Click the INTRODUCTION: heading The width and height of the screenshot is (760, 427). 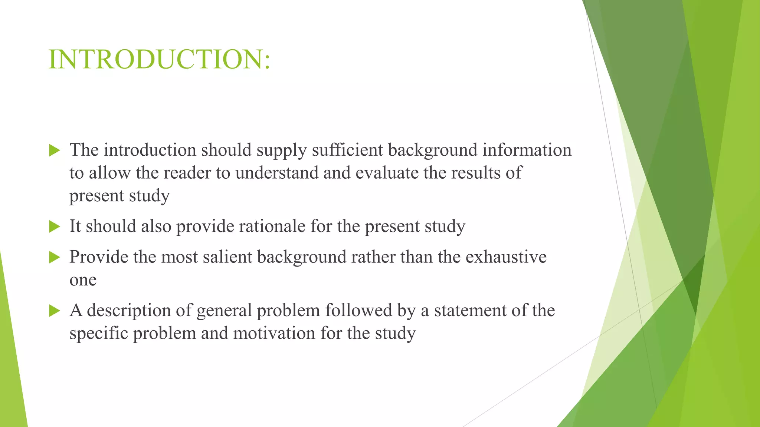tap(159, 59)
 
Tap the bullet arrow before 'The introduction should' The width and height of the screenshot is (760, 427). tap(54, 150)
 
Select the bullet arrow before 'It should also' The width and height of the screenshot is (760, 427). tap(54, 226)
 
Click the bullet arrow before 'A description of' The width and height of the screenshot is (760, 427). tap(54, 311)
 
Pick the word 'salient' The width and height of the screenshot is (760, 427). tap(227, 257)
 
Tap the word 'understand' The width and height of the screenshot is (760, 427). tap(277, 173)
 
